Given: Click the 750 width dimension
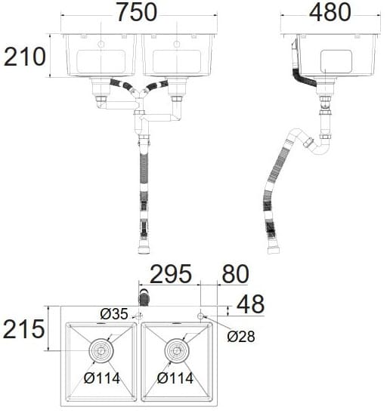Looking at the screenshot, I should click(136, 13).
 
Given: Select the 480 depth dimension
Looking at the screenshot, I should click(330, 13).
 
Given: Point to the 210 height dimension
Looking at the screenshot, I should click(25, 56).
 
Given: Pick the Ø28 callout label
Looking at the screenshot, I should click(240, 337).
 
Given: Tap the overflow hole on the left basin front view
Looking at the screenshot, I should click(101, 45).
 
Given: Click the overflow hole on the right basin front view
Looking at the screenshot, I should click(177, 45).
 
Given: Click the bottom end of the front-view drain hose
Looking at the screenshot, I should click(142, 248).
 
